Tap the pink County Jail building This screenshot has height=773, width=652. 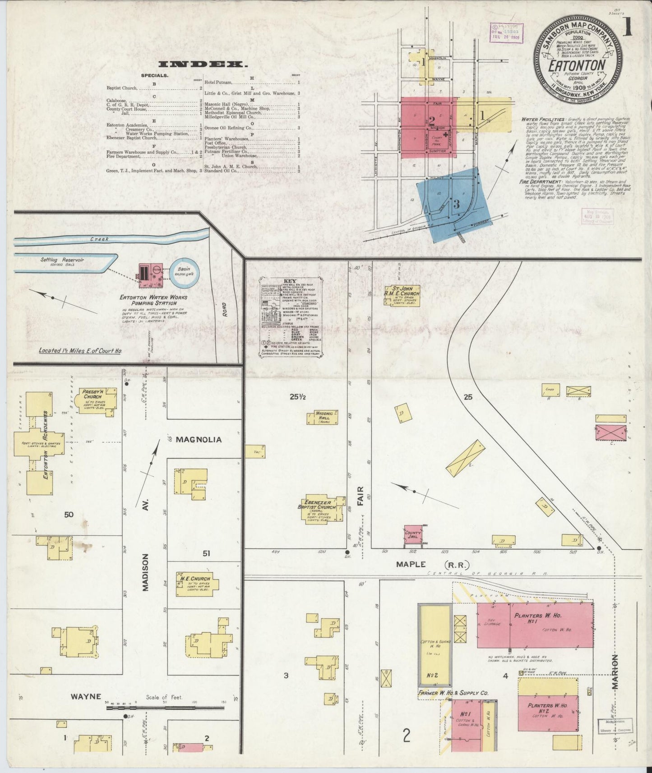[413, 536]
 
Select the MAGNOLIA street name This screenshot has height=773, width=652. [199, 439]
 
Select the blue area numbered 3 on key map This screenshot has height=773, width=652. [456, 204]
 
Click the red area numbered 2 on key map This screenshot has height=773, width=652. [429, 128]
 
